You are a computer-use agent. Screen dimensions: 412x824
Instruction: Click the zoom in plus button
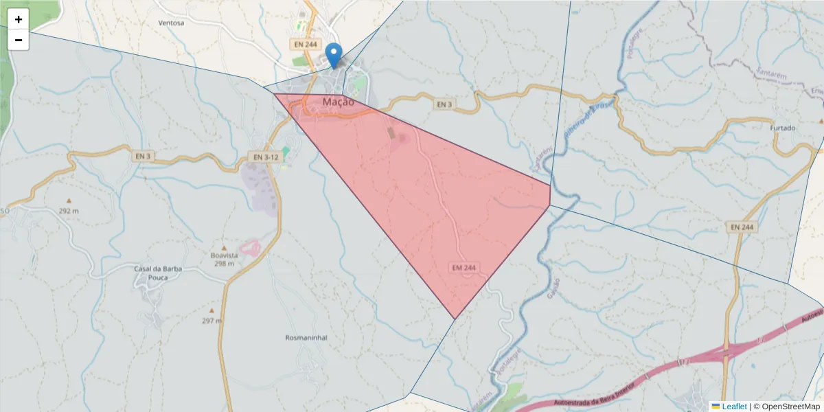point(19,19)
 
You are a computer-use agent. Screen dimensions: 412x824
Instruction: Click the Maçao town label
point(338,102)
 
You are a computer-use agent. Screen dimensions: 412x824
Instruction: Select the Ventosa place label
point(171,23)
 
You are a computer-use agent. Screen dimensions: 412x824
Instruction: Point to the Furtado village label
point(782,128)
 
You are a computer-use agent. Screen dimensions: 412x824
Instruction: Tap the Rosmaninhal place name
point(306,338)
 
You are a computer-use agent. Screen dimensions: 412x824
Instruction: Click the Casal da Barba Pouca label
point(158,273)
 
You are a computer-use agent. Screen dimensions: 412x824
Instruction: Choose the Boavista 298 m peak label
point(224,259)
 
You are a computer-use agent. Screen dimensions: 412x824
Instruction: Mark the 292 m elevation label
point(69,211)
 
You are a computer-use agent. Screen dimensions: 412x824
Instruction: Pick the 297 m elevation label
point(212,321)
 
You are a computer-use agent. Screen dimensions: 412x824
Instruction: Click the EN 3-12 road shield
point(264,157)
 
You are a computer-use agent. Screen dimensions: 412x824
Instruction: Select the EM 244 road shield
point(464,267)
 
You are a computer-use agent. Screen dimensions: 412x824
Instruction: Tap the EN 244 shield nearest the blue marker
point(304,44)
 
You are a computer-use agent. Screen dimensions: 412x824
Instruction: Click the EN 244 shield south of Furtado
point(742,227)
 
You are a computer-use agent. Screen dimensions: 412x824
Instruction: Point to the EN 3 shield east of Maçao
point(444,104)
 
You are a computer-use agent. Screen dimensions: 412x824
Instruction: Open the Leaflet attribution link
point(733,407)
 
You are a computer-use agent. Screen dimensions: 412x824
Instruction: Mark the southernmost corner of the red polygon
point(455,319)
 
